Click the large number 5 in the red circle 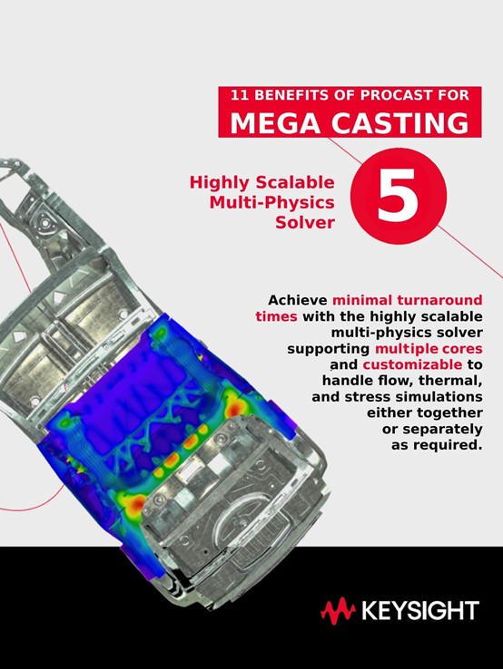[x=398, y=195]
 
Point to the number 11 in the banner [x=240, y=95]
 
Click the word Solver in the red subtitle [x=305, y=222]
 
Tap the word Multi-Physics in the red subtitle [x=271, y=202]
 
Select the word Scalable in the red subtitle [x=295, y=182]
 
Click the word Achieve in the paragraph [x=298, y=300]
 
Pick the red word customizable [x=412, y=364]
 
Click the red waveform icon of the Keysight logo [x=338, y=611]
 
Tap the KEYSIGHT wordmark [x=420, y=611]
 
